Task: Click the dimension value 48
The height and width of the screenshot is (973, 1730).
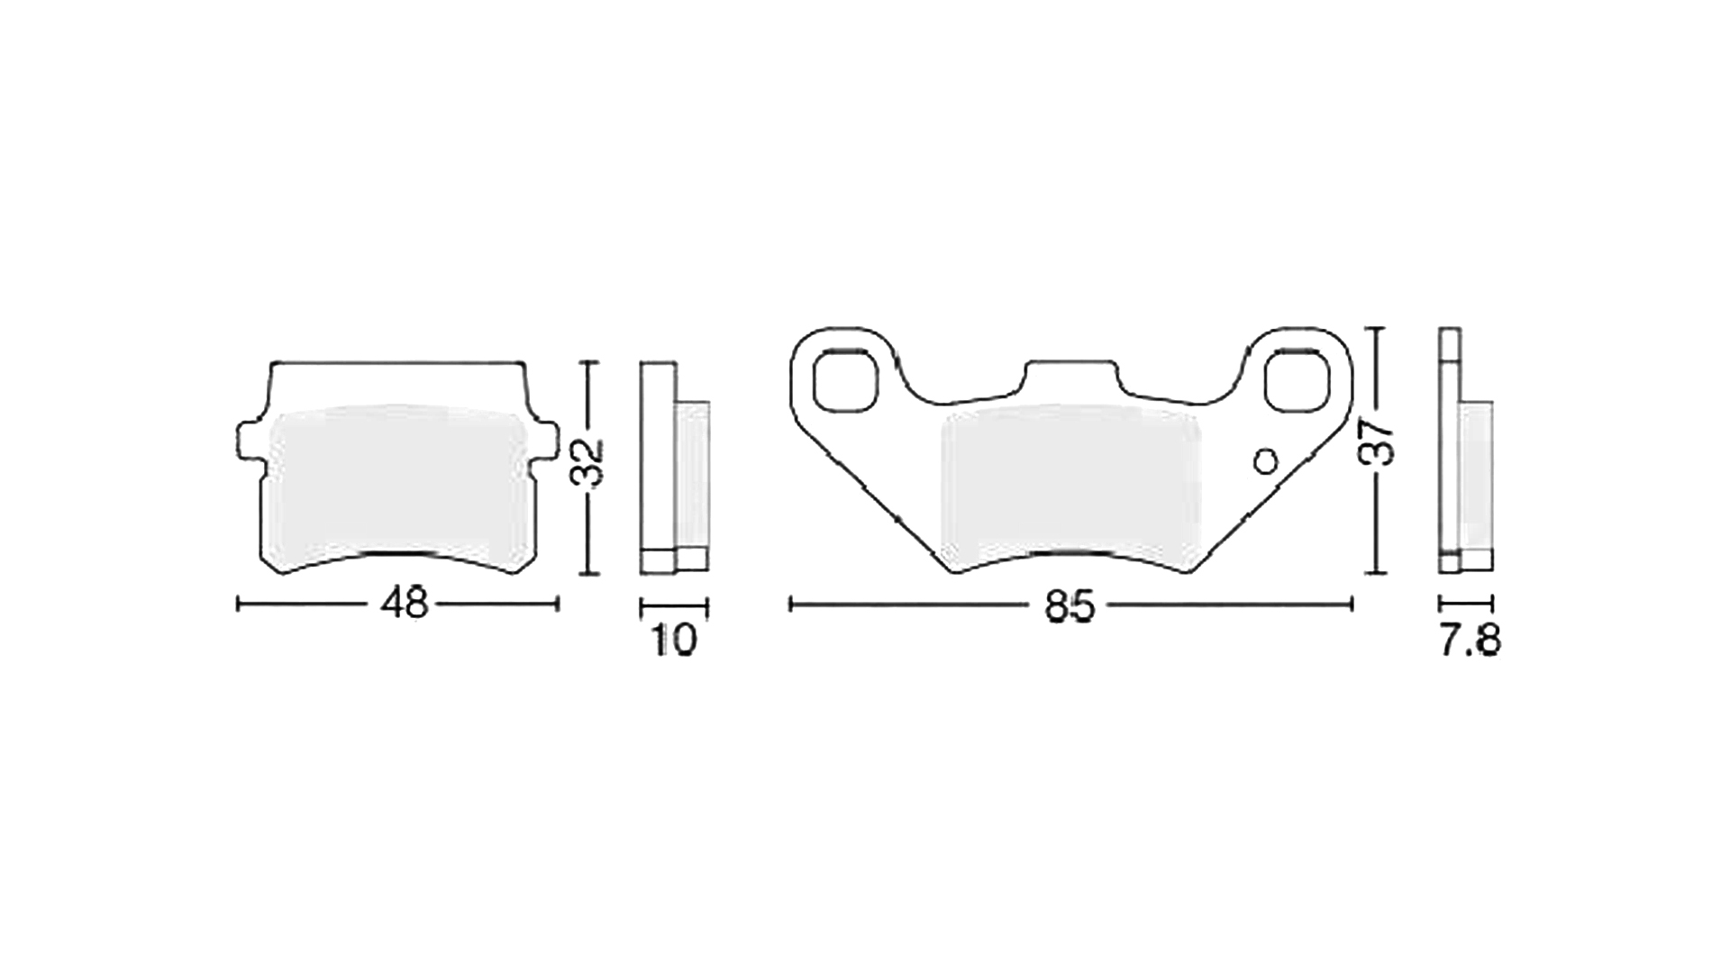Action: point(404,604)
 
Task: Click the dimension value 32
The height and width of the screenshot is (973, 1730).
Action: point(588,464)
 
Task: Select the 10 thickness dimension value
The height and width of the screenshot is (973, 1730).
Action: point(674,640)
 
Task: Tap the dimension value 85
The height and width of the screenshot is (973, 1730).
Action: point(1070,605)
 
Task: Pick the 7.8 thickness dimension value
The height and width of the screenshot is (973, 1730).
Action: point(1469,641)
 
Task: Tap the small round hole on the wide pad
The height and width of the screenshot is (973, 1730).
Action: point(1266,461)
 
